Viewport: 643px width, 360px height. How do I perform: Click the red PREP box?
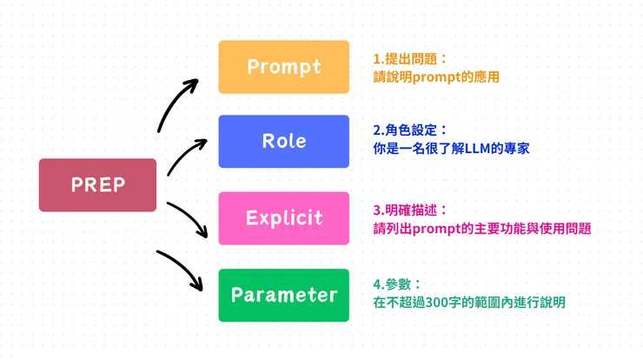[97, 184]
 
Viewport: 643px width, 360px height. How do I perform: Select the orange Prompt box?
[283, 66]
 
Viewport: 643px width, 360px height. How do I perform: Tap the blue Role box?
[283, 141]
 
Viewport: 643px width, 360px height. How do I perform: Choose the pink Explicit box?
[283, 217]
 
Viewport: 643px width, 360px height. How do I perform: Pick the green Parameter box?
[283, 295]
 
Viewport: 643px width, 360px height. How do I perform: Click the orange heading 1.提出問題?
[408, 59]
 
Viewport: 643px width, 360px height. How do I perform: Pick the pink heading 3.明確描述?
[408, 210]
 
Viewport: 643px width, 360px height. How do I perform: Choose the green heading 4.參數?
[396, 284]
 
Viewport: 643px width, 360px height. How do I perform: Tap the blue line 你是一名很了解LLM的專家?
[450, 150]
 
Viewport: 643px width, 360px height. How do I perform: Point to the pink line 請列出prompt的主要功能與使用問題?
[481, 229]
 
